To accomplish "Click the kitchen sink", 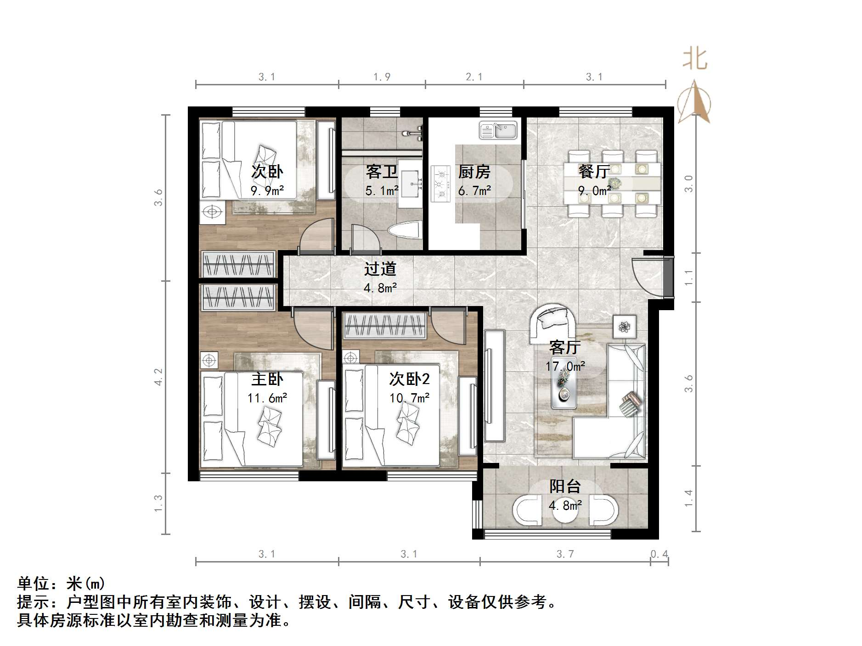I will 498,130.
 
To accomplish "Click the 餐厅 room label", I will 594,172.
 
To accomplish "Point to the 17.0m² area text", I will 565,367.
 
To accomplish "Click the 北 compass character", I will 694,59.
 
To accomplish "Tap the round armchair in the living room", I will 554,323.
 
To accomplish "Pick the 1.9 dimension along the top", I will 382,77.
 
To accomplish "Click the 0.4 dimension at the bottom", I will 659,554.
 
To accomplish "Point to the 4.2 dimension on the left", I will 158,377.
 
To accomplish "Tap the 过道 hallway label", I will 380,269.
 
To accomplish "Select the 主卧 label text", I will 267,379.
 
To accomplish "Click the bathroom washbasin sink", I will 410,184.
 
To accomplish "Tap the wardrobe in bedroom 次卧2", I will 385,325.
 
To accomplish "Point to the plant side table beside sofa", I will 625,327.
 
